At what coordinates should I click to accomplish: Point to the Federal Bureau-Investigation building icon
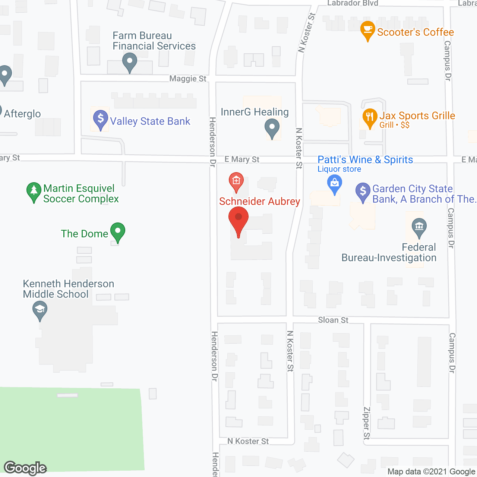pos(419,227)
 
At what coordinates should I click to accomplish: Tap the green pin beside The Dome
pos(118,232)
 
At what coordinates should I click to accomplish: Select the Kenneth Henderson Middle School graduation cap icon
pos(40,310)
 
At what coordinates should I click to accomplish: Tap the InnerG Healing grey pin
pos(272,128)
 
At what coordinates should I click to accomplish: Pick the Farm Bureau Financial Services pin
pos(130,62)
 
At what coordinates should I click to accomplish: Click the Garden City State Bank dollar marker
pos(363,192)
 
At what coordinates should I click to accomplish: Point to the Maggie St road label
pos(188,79)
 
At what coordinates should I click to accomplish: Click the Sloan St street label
pos(333,320)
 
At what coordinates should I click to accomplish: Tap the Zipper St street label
pos(367,423)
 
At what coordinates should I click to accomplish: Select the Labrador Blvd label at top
pos(353,3)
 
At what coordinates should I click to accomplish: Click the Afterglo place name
pos(22,114)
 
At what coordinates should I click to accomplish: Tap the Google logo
pos(25,468)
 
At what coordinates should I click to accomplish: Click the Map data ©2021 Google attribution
pos(432,472)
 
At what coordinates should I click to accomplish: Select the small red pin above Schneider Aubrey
pos(236,181)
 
